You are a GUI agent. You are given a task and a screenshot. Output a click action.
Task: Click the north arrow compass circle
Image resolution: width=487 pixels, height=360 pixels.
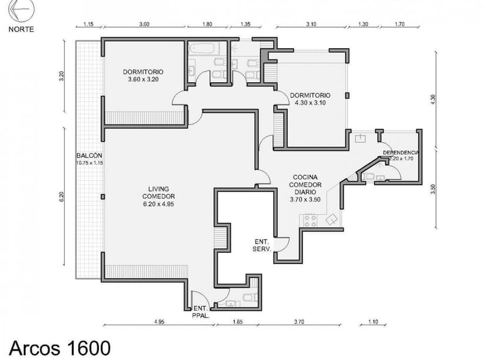click(x=21, y=11)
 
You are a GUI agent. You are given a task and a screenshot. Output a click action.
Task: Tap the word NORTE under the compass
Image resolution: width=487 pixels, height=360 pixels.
click(x=21, y=29)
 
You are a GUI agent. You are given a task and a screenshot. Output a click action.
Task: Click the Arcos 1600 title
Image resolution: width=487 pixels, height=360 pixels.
click(x=59, y=346)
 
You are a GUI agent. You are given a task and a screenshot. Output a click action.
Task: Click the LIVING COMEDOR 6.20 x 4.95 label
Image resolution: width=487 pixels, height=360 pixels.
click(x=158, y=196)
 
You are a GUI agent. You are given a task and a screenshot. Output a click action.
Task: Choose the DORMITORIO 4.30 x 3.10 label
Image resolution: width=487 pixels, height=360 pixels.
click(x=311, y=98)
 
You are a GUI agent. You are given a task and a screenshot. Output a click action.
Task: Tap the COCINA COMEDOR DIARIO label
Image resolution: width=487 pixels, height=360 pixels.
click(x=305, y=188)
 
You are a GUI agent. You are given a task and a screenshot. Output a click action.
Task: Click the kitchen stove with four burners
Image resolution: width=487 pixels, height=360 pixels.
click(x=309, y=220)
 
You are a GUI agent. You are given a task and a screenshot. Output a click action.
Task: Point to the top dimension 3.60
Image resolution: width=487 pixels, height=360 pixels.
click(x=144, y=24)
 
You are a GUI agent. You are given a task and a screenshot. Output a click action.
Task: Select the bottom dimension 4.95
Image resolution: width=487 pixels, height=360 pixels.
click(x=159, y=322)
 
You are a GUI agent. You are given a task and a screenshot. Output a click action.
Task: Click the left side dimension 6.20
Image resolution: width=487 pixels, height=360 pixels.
click(x=62, y=197)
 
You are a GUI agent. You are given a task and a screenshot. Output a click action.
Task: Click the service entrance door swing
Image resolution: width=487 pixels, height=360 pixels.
click(x=281, y=244)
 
